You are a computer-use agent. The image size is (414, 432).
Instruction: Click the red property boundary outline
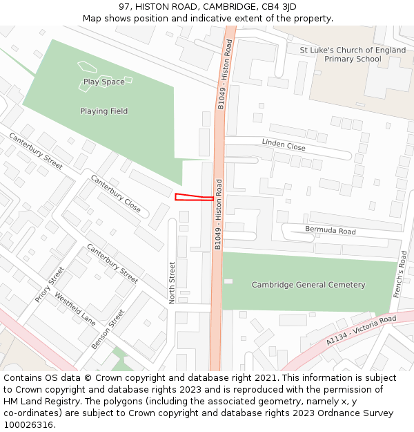tap(194, 198)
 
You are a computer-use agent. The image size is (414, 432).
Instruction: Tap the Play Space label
tap(104, 82)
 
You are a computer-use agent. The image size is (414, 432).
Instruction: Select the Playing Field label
tap(104, 111)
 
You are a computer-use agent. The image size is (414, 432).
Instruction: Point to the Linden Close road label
tap(284, 144)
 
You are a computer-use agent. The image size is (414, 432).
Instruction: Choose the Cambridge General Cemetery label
tap(308, 285)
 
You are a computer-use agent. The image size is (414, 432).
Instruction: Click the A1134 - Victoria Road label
tap(362, 331)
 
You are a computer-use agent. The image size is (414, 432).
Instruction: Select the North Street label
tap(173, 281)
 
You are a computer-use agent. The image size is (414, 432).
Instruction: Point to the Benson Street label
tap(109, 328)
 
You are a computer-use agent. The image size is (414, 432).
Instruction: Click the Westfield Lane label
tap(75, 311)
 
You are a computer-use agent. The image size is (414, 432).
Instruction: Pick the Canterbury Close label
tap(115, 194)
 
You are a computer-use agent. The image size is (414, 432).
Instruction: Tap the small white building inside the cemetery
tap(228, 281)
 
